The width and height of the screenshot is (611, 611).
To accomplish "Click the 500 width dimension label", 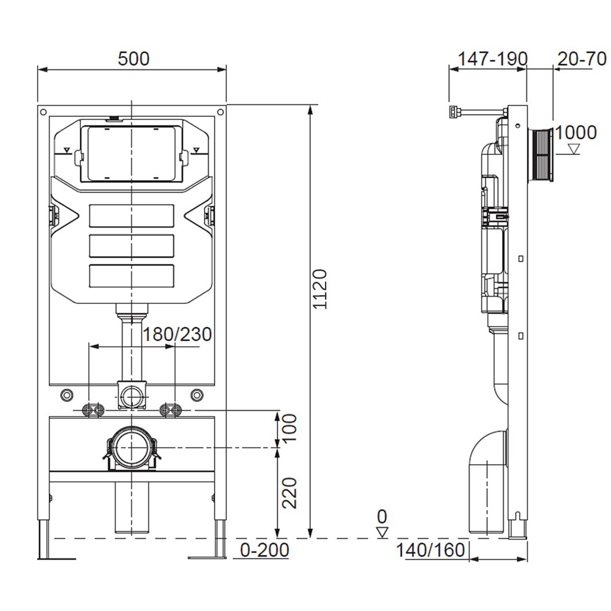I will pyautogui.click(x=133, y=58).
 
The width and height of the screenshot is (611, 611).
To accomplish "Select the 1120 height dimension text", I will pyautogui.click(x=320, y=288).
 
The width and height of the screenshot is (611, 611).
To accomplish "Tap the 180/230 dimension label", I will pyautogui.click(x=177, y=334).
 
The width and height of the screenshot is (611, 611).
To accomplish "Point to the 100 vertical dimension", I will pyautogui.click(x=289, y=427).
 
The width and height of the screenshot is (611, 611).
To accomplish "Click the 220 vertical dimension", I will pyautogui.click(x=289, y=492).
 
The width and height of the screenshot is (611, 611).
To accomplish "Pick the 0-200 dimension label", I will pyautogui.click(x=264, y=550).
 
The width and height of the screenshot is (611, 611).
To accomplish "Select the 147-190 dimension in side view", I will pyautogui.click(x=492, y=58).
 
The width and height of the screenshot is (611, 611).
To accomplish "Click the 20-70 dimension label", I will pyautogui.click(x=581, y=58).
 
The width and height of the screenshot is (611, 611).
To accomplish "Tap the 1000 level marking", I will pyautogui.click(x=575, y=132).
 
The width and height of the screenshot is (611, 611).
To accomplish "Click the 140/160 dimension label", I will pyautogui.click(x=430, y=550).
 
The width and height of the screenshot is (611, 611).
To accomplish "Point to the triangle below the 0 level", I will pyautogui.click(x=382, y=532).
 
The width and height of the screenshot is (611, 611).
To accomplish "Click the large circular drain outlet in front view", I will pyautogui.click(x=132, y=448).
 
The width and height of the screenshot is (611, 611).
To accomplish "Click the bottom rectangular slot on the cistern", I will pyautogui.click(x=132, y=275).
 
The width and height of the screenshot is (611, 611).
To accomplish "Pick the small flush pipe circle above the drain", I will pyautogui.click(x=132, y=395).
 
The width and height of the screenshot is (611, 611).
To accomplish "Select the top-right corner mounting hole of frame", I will pyautogui.click(x=220, y=112).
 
